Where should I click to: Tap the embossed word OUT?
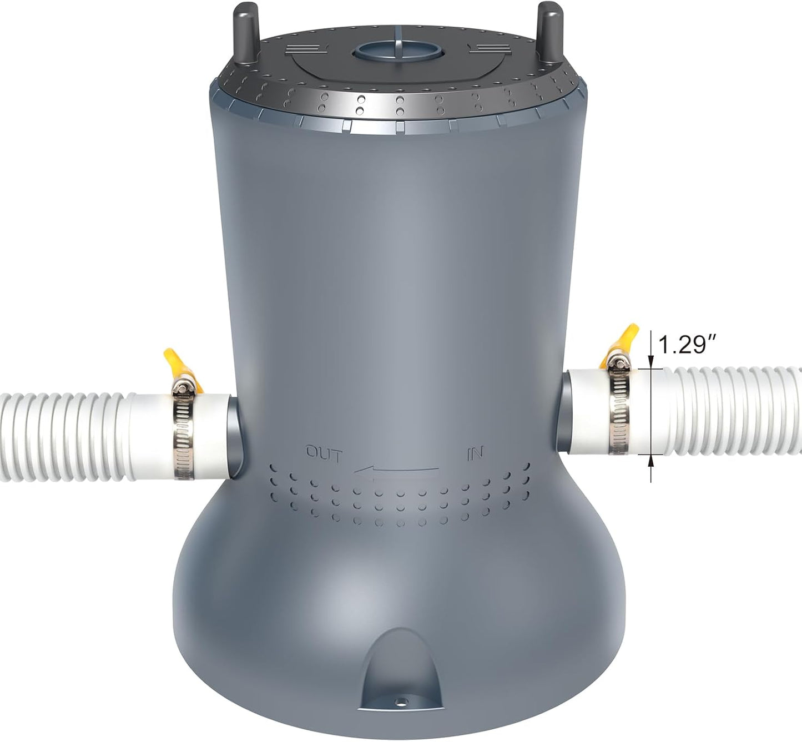324,454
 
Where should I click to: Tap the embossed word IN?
475,454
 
